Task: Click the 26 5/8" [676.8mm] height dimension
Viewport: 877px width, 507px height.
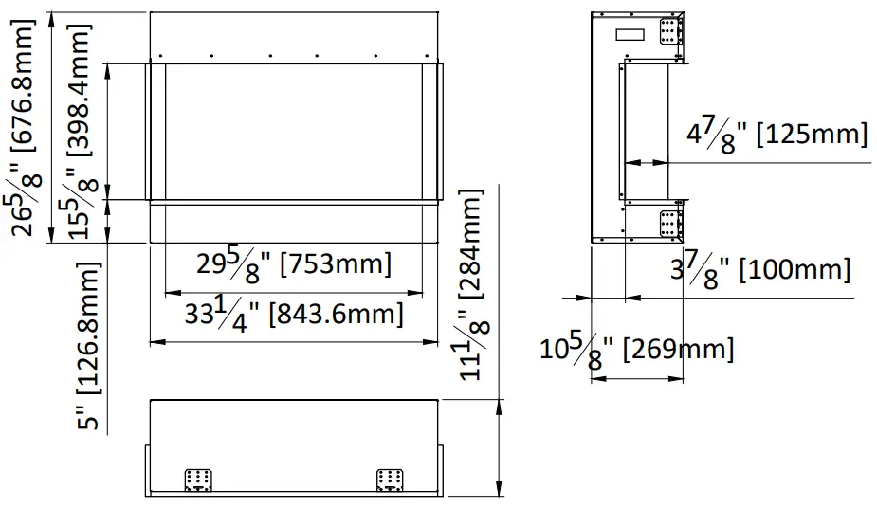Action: coord(29,127)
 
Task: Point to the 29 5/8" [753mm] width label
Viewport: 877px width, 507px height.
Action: coord(293,264)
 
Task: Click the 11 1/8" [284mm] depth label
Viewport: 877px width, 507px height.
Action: coord(470,284)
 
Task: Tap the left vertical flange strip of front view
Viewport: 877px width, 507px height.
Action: coord(156,132)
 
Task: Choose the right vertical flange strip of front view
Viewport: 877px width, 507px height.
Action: coord(431,132)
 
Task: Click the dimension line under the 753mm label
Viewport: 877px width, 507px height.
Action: coord(293,291)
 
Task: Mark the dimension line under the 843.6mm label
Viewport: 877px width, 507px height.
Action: coord(293,340)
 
